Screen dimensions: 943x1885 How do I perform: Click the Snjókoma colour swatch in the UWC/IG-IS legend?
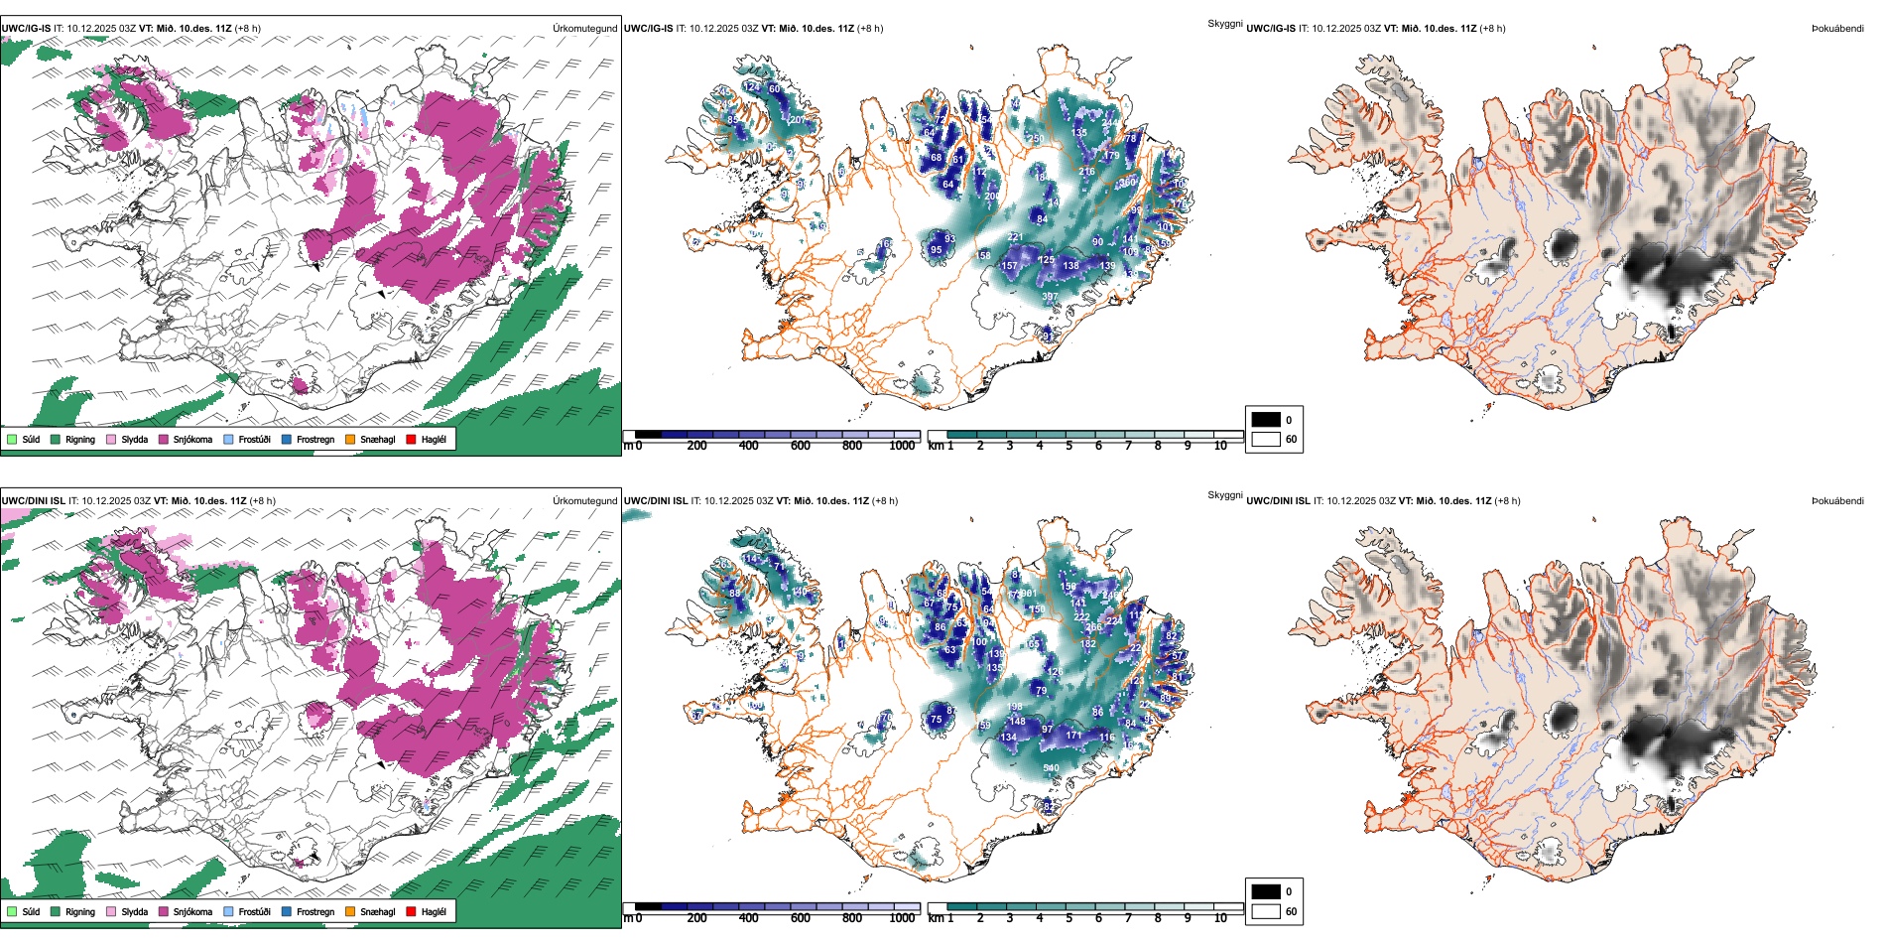[x=164, y=439]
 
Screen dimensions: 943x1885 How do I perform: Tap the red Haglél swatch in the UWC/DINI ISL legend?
[x=411, y=911]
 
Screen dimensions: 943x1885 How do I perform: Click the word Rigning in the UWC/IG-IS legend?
[x=80, y=439]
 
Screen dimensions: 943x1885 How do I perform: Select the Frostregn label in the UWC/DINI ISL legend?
[x=315, y=911]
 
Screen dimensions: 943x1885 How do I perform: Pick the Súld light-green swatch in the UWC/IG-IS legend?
[x=12, y=439]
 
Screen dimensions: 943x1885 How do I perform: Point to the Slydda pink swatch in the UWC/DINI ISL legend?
[x=111, y=911]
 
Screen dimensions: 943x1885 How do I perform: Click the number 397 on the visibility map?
[x=1050, y=297]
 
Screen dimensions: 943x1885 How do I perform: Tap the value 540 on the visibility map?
[x=1051, y=768]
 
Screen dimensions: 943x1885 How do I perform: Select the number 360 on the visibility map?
[x=1127, y=183]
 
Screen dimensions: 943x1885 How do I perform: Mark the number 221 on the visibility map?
[x=1014, y=237]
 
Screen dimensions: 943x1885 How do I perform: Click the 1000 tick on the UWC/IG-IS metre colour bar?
[x=902, y=446]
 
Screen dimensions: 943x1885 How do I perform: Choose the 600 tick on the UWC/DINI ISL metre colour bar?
[x=801, y=918]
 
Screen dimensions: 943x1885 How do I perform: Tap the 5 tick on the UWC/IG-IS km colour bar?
[x=1068, y=446]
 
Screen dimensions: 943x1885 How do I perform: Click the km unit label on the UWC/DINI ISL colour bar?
[x=936, y=918]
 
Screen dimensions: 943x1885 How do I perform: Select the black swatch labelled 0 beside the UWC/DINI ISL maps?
[x=1266, y=891]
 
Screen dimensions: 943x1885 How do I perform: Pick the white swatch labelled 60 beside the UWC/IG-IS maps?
[x=1266, y=439]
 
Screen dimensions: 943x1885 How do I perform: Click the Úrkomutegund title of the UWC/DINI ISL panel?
[x=584, y=501]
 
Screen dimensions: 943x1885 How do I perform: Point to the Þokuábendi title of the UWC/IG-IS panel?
[x=1837, y=29]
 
